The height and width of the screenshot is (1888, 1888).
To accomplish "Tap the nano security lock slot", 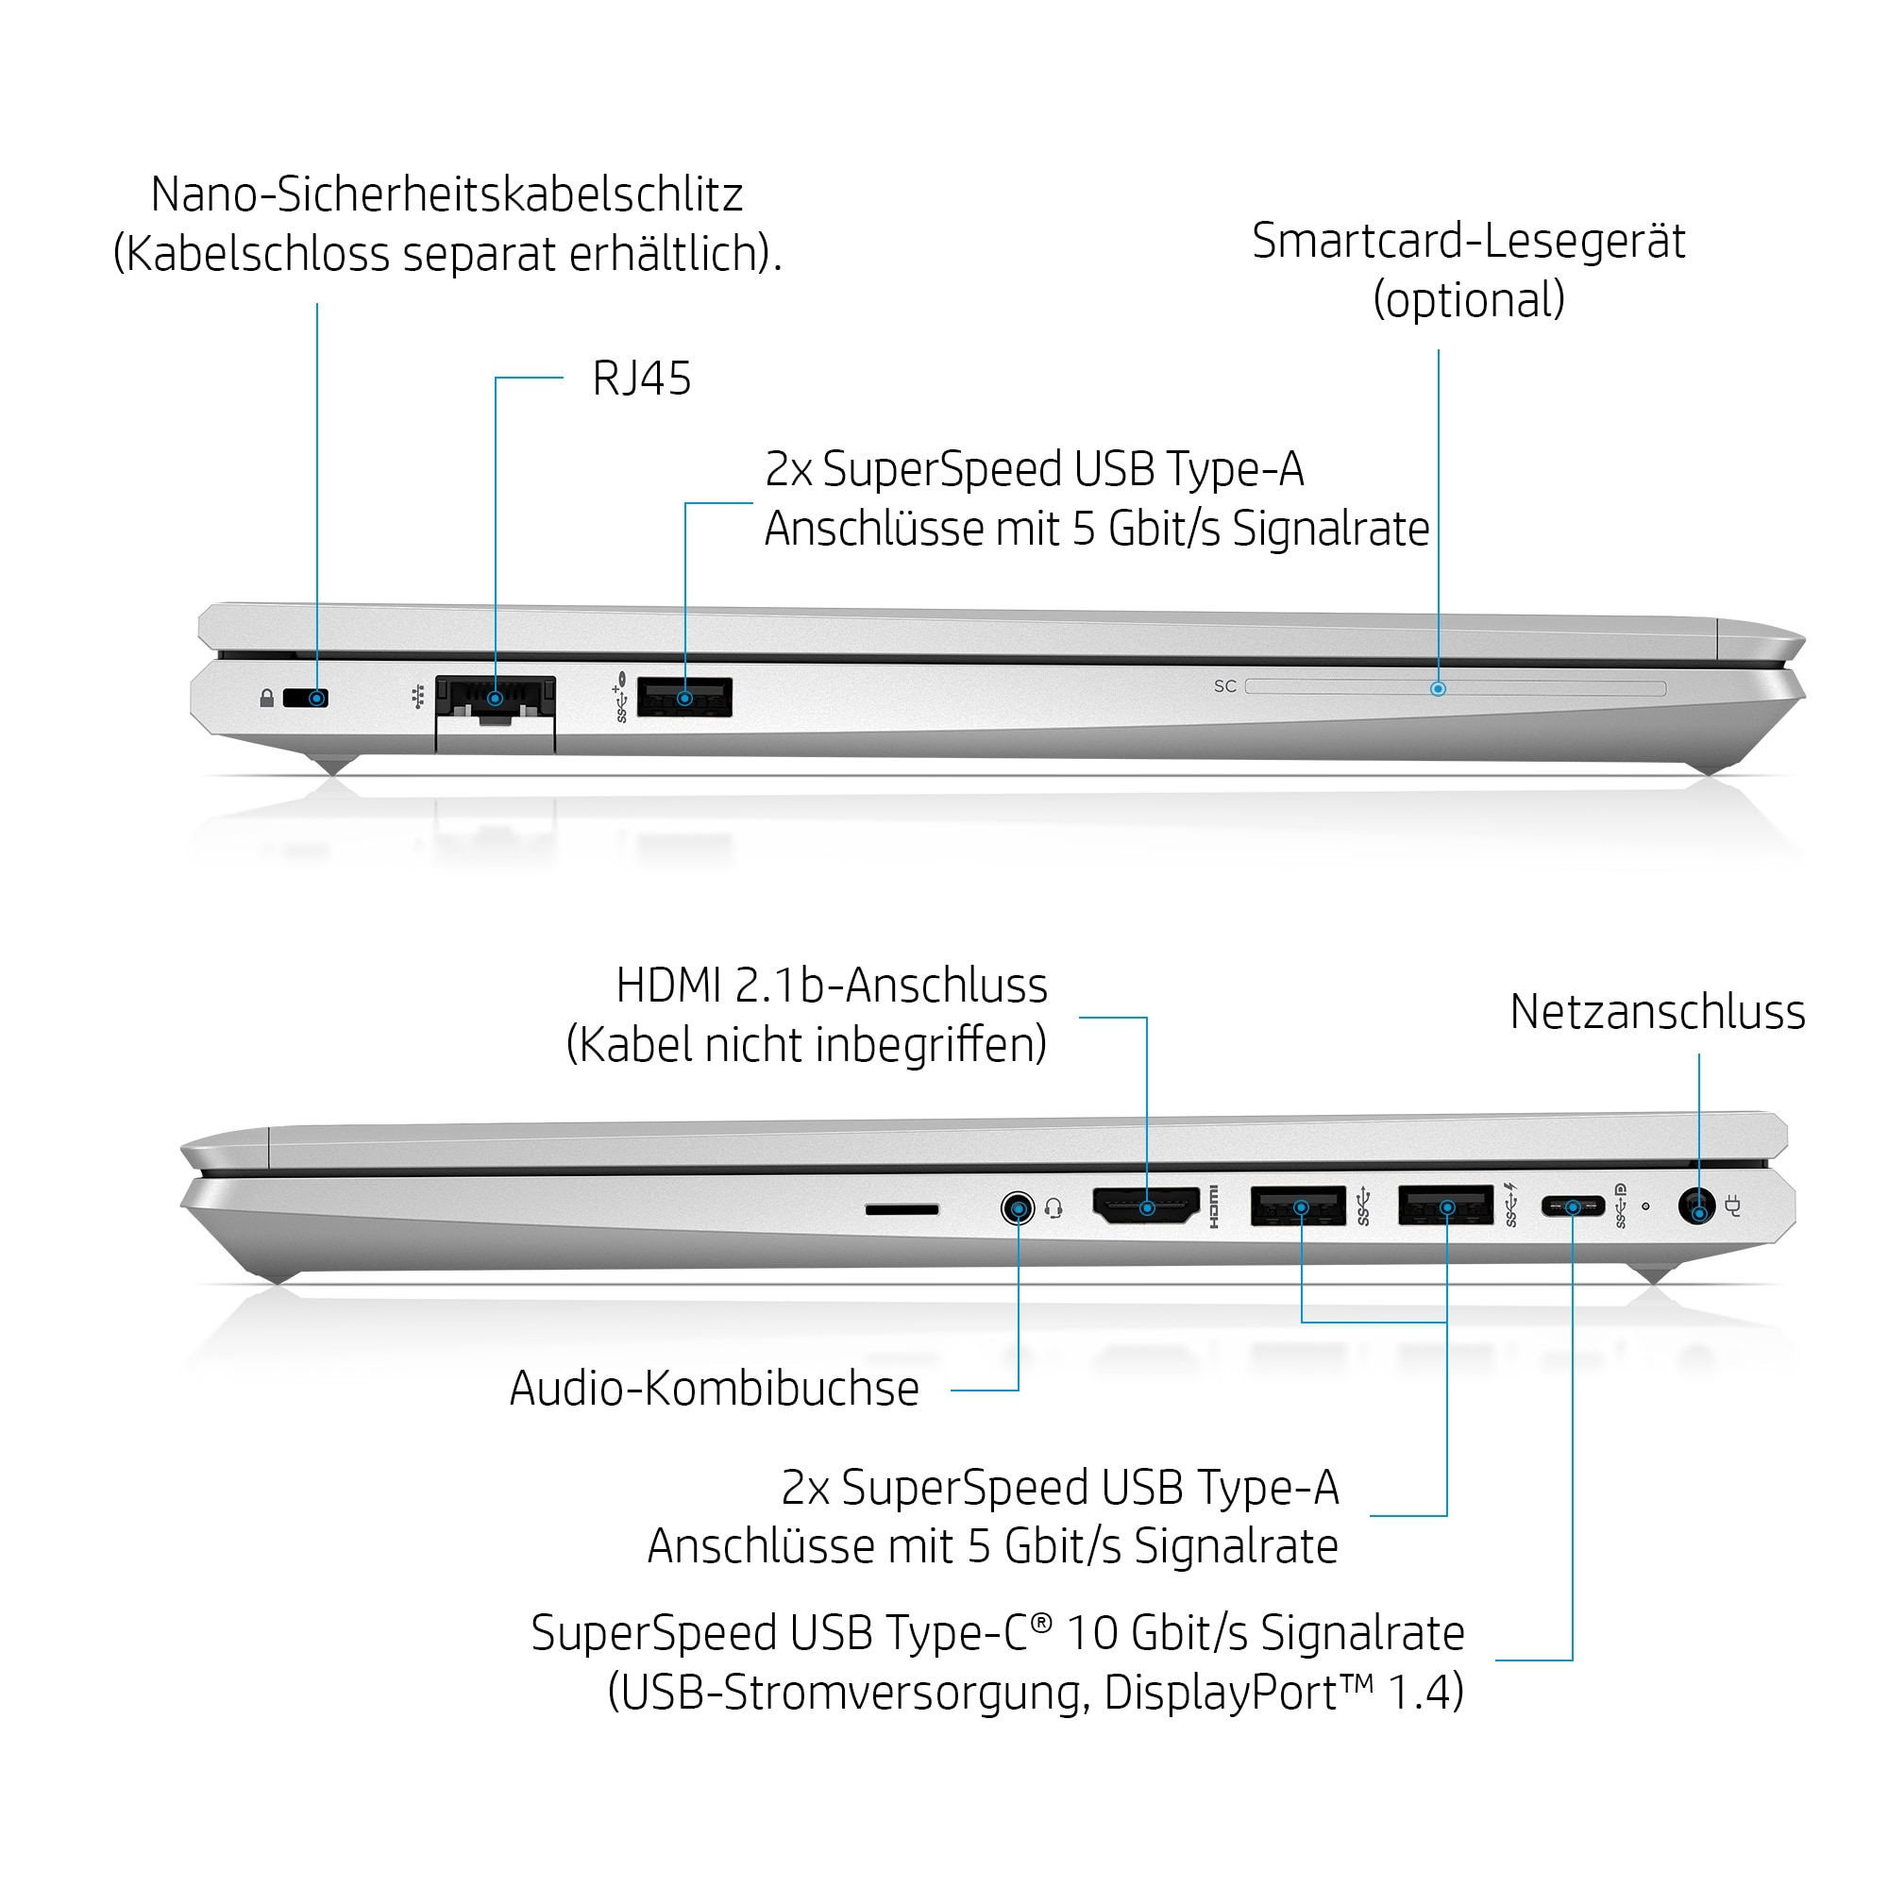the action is (x=306, y=698).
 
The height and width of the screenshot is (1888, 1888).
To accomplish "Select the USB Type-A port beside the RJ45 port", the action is (x=684, y=697).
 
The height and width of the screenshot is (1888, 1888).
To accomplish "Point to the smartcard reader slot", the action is (x=1455, y=688).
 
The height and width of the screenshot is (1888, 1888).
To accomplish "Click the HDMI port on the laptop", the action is (x=1145, y=1205).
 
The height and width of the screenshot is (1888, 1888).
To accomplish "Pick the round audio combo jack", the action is (x=1019, y=1209).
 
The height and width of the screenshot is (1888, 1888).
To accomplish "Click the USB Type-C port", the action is (x=1573, y=1206).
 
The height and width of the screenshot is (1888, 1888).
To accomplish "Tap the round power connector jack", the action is (x=1697, y=1205).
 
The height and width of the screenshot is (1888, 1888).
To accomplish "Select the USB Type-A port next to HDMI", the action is (x=1299, y=1205).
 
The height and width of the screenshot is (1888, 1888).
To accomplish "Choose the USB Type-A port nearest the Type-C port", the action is (x=1446, y=1205).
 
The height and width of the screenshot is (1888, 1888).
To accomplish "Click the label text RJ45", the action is (x=642, y=379).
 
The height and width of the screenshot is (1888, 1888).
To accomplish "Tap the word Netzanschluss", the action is (x=1658, y=1011).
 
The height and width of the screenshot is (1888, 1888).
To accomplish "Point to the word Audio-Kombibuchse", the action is (x=715, y=1388).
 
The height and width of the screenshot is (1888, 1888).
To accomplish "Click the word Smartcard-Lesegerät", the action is (x=1469, y=241).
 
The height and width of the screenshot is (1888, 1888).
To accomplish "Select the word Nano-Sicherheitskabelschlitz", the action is (x=447, y=194).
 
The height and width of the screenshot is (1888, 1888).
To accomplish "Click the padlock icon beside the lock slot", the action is (x=267, y=698).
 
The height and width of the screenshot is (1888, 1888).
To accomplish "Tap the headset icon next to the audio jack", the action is (x=1054, y=1209).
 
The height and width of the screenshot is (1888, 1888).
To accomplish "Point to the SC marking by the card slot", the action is (x=1225, y=687).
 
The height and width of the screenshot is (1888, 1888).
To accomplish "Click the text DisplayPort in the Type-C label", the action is (x=1220, y=1693).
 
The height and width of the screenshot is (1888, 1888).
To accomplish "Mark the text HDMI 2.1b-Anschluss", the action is (x=832, y=985).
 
